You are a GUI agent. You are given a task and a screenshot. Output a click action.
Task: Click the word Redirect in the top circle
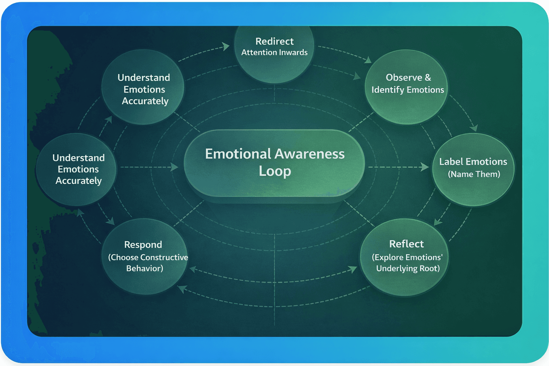tap(274, 41)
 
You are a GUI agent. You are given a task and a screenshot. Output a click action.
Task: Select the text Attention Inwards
tap(274, 53)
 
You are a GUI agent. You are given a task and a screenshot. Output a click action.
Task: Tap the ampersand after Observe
tap(428, 78)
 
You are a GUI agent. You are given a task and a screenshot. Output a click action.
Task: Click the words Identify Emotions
tap(407, 90)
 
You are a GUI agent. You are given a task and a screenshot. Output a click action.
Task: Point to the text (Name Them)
tap(474, 174)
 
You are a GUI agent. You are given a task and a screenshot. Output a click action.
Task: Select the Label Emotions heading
tap(473, 162)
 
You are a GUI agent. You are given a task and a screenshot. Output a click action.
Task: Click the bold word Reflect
tap(406, 244)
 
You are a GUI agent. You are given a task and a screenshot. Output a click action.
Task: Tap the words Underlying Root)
tap(408, 268)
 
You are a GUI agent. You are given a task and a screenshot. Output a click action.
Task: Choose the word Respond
tap(143, 244)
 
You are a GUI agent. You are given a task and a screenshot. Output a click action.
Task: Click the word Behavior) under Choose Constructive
tap(144, 268)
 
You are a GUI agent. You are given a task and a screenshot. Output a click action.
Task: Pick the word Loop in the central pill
tap(275, 171)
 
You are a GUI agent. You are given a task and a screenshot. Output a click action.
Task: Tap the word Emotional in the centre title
tap(238, 154)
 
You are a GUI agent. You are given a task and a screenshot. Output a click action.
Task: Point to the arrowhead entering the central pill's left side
tap(174, 167)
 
